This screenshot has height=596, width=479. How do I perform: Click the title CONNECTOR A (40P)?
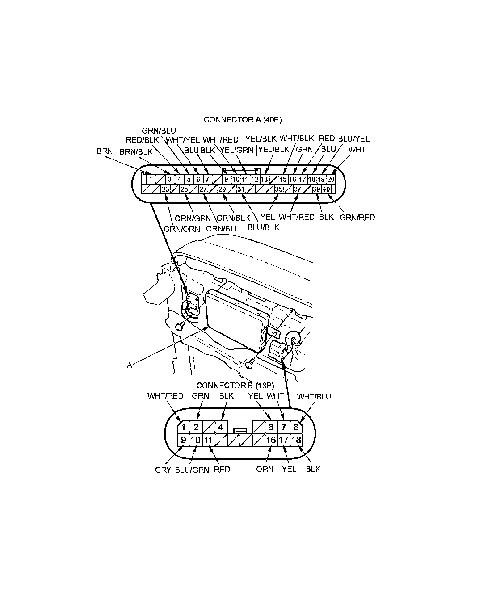pos(243,120)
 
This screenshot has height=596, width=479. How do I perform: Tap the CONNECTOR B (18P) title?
pos(235,385)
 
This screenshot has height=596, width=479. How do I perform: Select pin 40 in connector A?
pos(326,189)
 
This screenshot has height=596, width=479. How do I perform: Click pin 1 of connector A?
pos(151,180)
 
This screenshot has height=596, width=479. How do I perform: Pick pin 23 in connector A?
pos(165,189)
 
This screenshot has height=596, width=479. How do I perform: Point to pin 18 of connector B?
pos(296,440)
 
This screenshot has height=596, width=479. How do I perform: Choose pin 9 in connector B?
pos(183,440)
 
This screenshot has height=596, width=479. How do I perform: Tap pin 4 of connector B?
pos(221,427)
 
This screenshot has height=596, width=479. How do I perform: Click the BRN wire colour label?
pos(105,151)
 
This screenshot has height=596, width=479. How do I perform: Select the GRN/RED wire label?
pos(357,218)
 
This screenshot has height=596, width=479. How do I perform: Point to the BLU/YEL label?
pos(354,139)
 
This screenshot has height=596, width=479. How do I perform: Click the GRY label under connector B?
pos(163,470)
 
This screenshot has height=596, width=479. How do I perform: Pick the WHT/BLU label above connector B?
pos(314,396)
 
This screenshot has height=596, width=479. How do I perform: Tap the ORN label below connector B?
pos(265,470)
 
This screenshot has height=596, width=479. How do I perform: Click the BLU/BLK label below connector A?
pos(263,227)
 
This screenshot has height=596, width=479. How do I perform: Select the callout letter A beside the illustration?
pos(130,365)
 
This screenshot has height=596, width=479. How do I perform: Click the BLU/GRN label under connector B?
pos(192,470)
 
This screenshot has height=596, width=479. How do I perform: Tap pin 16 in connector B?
pos(271,440)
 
